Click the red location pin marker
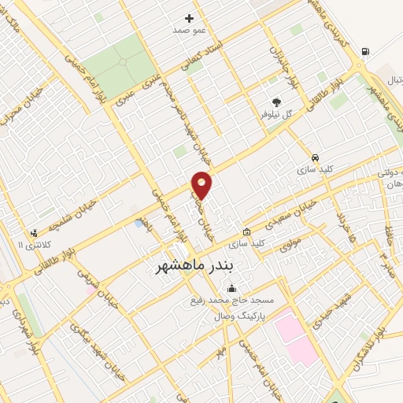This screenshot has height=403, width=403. pyautogui.click(x=202, y=185)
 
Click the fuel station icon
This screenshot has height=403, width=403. pyautogui.click(x=364, y=52)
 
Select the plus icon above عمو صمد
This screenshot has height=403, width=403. pyautogui.click(x=189, y=18)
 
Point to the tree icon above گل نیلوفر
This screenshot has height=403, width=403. pyautogui.click(x=276, y=102)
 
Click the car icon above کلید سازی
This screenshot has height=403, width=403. pyautogui.click(x=315, y=157)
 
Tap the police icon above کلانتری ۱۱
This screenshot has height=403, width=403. pyautogui.click(x=33, y=233)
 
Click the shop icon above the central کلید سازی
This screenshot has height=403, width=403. pyautogui.click(x=246, y=232)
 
